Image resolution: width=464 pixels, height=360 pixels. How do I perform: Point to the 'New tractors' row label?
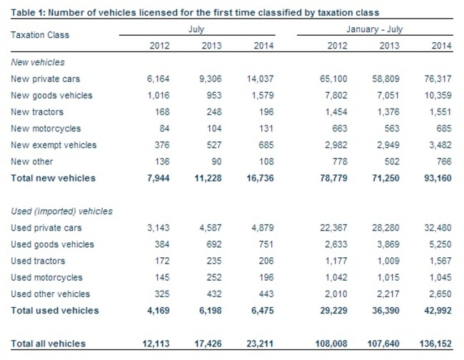pyautogui.click(x=37, y=112)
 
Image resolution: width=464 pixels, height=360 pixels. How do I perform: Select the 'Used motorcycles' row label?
pyautogui.click(x=46, y=277)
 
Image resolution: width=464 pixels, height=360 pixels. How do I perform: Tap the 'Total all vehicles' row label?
pyautogui.click(x=48, y=344)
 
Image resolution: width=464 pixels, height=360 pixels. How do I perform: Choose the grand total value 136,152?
pyautogui.click(x=433, y=344)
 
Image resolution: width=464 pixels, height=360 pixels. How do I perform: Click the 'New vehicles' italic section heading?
pyautogui.click(x=37, y=62)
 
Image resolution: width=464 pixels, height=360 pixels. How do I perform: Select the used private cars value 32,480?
pyautogui.click(x=436, y=228)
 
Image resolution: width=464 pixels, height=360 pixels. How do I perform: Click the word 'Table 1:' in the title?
pyautogui.click(x=27, y=12)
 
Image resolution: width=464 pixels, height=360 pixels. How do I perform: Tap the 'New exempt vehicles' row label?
pyautogui.click(x=54, y=145)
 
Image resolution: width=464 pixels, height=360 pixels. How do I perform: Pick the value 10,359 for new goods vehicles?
pyautogui.click(x=436, y=96)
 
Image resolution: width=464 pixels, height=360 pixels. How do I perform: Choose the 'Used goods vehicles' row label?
pyautogui.click(x=52, y=244)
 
